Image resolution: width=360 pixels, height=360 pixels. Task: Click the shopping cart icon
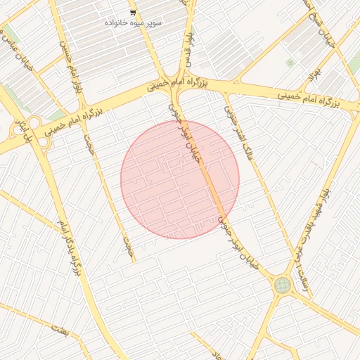click(x=133, y=13)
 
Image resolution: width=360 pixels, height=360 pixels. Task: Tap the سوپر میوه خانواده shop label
click(x=133, y=23)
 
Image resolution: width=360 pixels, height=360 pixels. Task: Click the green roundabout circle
click(x=283, y=285)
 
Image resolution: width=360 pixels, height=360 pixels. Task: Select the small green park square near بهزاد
click(x=290, y=63)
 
